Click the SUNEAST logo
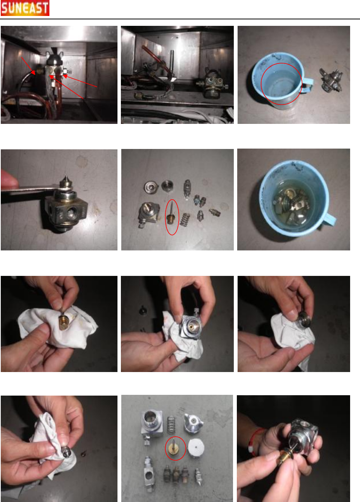tap(25, 8)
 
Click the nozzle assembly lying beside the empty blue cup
tap(331, 80)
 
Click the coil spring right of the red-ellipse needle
tap(185, 219)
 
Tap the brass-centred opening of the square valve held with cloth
tap(192, 326)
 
